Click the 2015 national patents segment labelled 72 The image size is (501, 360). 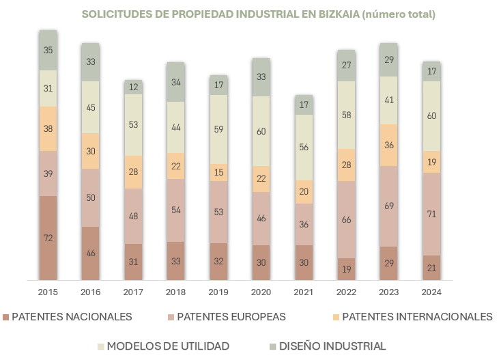[x=48, y=238]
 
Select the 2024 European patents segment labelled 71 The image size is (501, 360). [x=431, y=214]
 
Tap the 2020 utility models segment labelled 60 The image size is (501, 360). [x=261, y=130]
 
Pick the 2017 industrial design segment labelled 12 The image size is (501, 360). [x=133, y=87]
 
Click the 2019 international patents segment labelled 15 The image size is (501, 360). [x=218, y=172]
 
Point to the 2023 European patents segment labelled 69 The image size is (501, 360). [x=389, y=206]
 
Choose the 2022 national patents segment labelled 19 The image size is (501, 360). [x=346, y=269]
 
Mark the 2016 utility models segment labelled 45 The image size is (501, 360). [x=90, y=107]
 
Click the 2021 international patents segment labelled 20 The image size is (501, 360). [x=304, y=192]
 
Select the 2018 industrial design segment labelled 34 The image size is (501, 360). [x=175, y=82]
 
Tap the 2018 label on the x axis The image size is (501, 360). [x=175, y=292]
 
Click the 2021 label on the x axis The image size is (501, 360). [x=304, y=292]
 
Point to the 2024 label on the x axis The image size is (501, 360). [x=431, y=292]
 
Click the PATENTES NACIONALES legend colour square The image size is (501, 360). [x=6, y=317]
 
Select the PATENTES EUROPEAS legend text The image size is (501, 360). [x=231, y=317]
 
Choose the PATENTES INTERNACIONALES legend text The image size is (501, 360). [x=416, y=317]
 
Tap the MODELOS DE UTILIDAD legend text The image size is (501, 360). [x=168, y=346]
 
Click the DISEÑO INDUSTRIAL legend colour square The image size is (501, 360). [x=272, y=346]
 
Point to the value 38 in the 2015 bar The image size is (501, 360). [x=48, y=128]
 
